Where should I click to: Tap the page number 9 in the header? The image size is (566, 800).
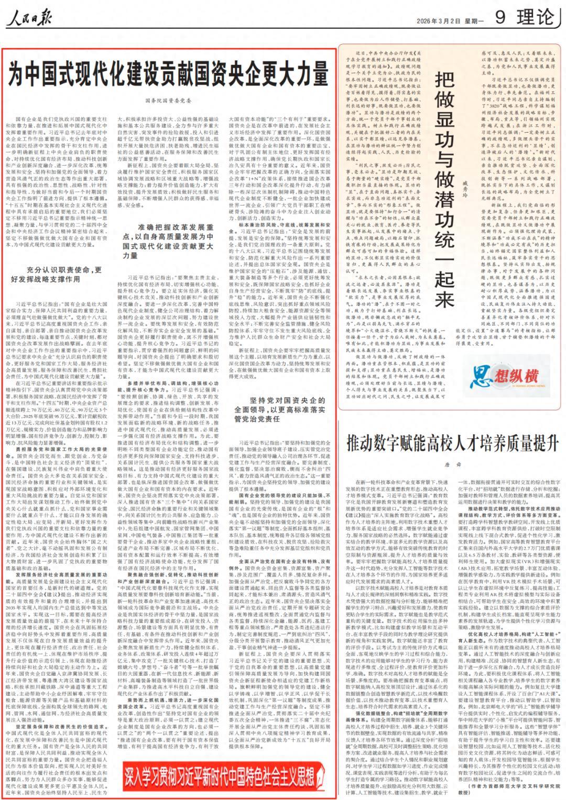click(x=499, y=18)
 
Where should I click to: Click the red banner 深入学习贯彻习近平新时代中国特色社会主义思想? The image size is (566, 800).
click(x=220, y=774)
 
